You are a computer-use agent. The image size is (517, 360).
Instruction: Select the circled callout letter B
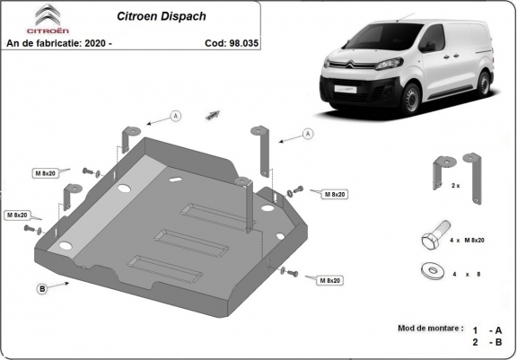click(42, 288)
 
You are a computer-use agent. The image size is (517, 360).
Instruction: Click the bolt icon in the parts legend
click(429, 240)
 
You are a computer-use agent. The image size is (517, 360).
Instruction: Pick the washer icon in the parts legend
click(429, 269)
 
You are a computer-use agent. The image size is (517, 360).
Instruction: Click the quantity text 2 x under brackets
click(455, 185)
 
